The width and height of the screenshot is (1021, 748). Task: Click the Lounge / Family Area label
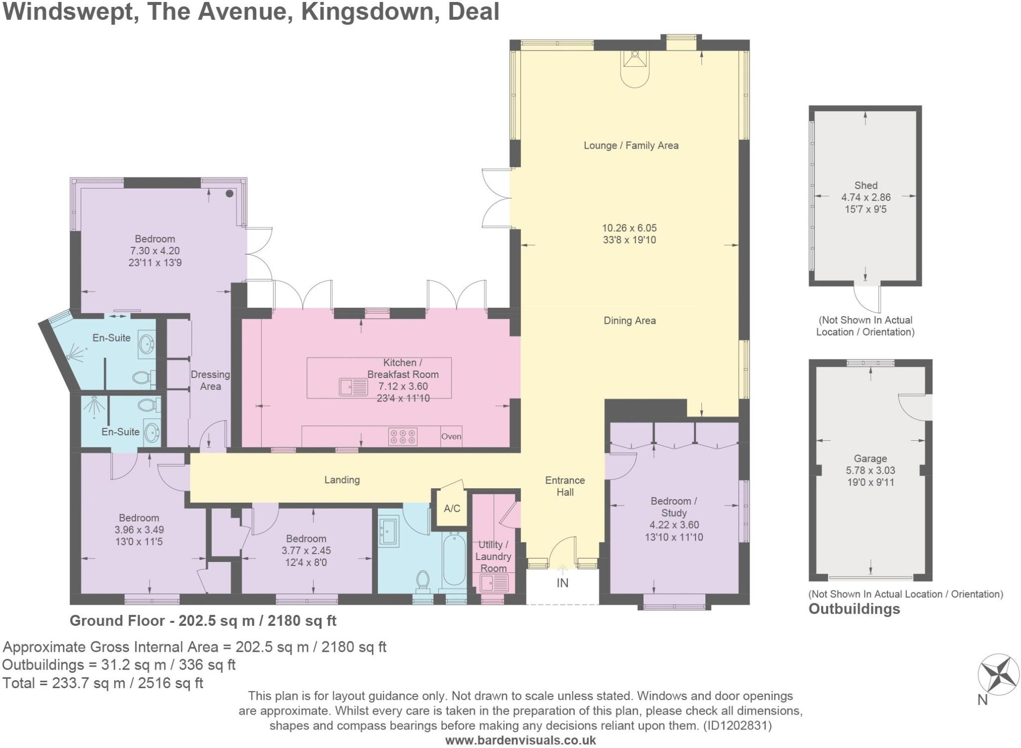631,146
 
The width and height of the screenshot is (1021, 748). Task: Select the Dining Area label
630,321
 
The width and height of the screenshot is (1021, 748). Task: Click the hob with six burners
403,437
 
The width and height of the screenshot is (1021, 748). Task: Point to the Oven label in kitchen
451,436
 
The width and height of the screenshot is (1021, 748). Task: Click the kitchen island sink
353,387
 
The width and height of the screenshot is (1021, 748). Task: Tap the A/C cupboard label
452,509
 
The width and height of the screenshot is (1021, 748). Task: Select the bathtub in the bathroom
454,559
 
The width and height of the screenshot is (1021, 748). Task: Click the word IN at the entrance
562,583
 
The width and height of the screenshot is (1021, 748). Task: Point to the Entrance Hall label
565,486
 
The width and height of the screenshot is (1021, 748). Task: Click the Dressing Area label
210,380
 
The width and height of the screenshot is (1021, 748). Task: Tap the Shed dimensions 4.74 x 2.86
866,197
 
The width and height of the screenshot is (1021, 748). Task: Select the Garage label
870,458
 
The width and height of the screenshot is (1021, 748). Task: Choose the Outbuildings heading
854,609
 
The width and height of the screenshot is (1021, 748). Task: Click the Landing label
342,480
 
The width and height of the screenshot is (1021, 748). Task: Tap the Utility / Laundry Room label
493,557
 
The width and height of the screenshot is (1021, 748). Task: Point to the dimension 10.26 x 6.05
629,228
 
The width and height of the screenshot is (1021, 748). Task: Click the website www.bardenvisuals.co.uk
520,741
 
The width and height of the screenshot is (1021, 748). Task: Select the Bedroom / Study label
674,507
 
